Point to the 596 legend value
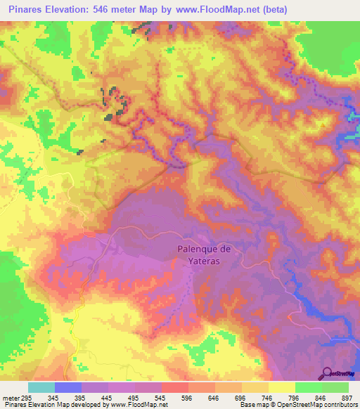tap(174, 397)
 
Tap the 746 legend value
tap(255, 397)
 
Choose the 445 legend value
tap(94, 397)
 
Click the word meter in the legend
tap(11, 397)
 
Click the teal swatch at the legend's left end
tap(41, 387)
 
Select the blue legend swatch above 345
tap(68, 387)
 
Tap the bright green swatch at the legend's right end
tap(335, 387)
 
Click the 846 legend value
tap(309, 397)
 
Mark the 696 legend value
tap(229, 397)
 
